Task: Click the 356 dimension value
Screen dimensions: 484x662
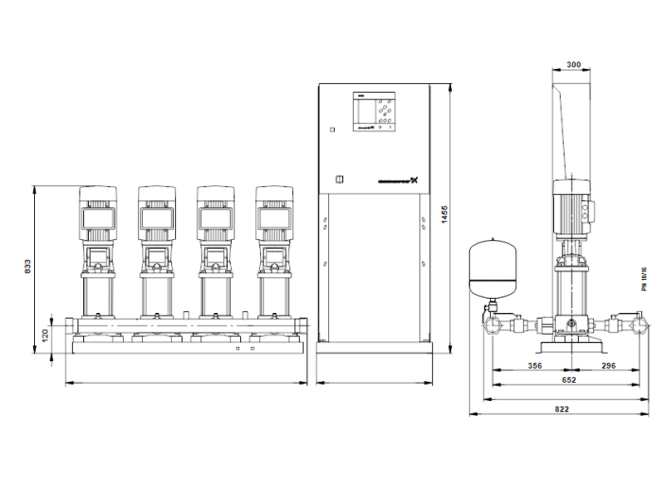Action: tap(535, 366)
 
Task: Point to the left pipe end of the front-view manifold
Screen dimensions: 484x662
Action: tap(72, 327)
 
